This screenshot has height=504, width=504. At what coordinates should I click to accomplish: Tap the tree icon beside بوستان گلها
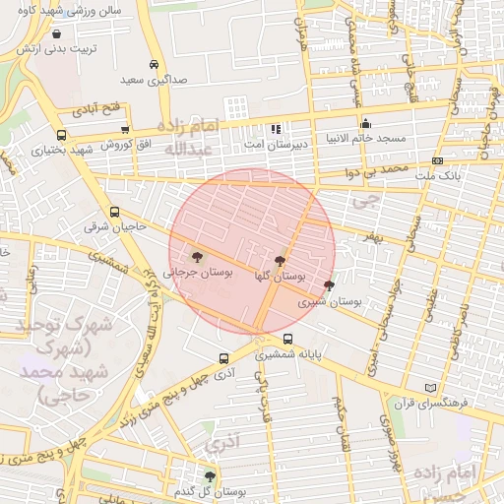tap(281, 262)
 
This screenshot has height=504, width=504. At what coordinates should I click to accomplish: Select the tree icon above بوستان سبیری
tap(329, 285)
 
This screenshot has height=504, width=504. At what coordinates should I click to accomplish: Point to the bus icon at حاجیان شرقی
tap(116, 212)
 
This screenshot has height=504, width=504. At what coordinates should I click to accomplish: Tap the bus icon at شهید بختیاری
tap(62, 136)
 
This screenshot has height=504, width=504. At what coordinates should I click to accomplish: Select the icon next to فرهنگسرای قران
tap(427, 387)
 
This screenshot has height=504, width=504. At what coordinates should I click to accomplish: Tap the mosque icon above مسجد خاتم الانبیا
tap(365, 124)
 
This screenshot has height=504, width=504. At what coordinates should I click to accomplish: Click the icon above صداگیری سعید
tap(154, 64)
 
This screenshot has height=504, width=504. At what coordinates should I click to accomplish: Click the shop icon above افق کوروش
tap(125, 129)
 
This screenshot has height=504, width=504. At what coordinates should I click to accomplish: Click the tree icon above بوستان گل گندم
tap(209, 476)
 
